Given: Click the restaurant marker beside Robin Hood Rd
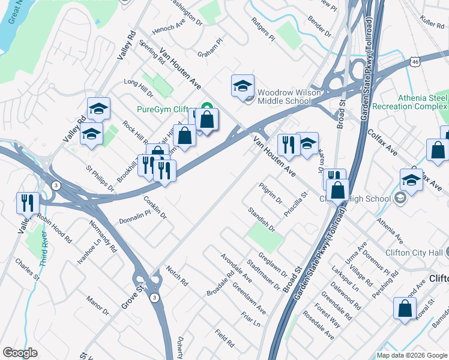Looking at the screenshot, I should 28,203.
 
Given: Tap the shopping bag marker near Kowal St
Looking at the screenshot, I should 405,309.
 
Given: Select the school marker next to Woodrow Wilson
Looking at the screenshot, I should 243,86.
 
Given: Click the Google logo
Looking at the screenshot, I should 20,352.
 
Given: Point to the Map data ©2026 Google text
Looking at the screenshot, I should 412,355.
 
